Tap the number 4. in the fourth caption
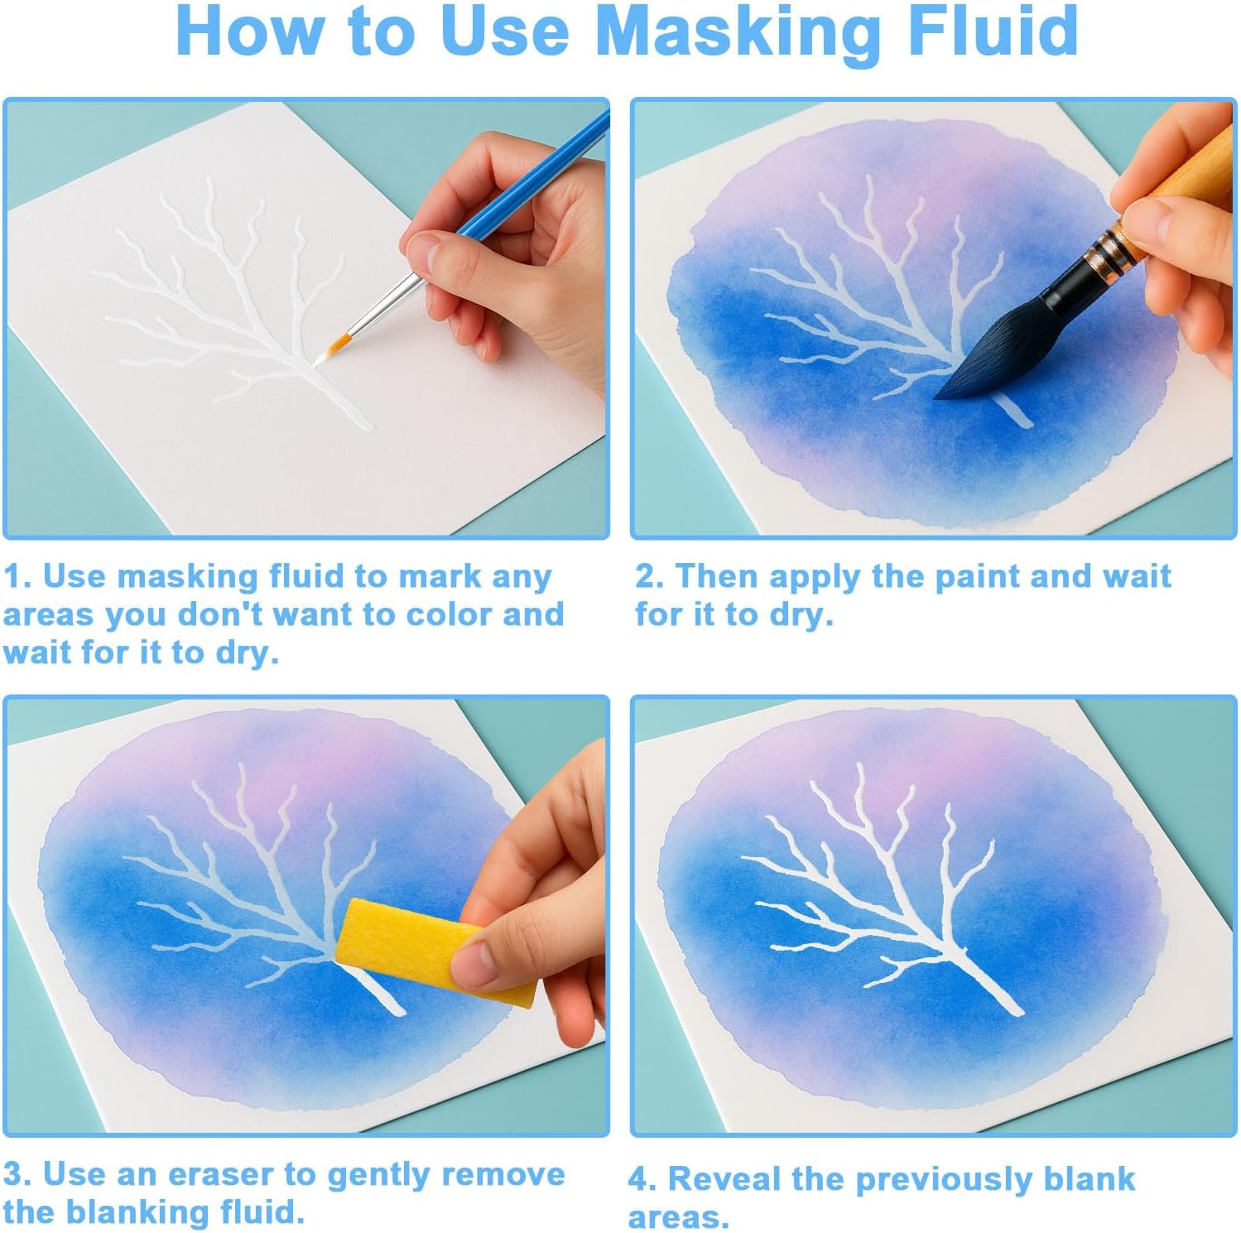point(642,1178)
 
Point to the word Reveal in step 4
point(724,1178)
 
